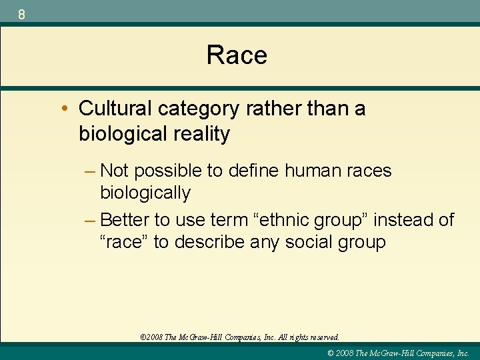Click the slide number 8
pos(22,13)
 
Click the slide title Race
pos(237,55)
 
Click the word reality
pos(199,134)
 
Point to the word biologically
pos(145,193)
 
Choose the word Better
pos(127,219)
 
